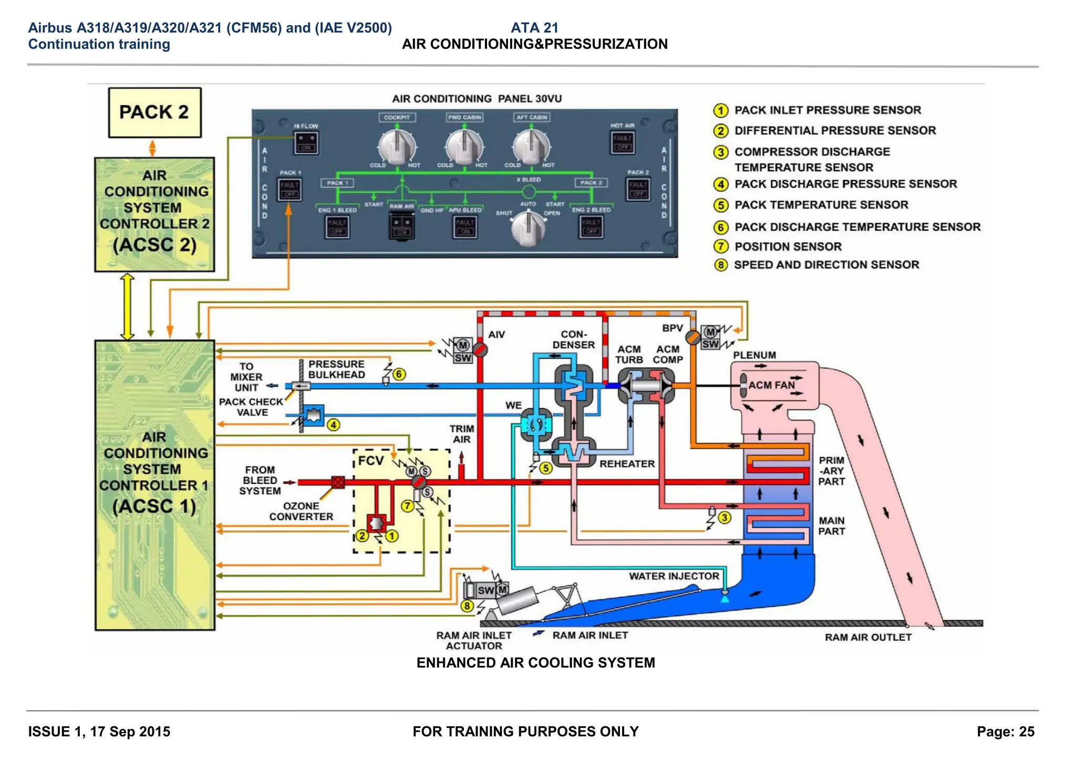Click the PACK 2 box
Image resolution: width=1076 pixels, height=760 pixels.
pyautogui.click(x=154, y=112)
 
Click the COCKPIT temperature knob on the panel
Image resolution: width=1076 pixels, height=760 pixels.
pyautogui.click(x=397, y=146)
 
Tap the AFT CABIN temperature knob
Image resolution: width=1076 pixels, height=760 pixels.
pyautogui.click(x=532, y=146)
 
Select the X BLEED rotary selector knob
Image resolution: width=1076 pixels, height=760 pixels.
pyautogui.click(x=528, y=227)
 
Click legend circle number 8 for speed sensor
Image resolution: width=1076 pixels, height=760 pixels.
pyautogui.click(x=721, y=265)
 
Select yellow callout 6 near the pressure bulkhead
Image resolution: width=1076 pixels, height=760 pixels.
pyautogui.click(x=399, y=374)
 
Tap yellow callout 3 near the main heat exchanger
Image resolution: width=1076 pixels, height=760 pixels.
pyautogui.click(x=725, y=517)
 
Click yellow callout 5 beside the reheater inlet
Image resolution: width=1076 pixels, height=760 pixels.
pyautogui.click(x=546, y=468)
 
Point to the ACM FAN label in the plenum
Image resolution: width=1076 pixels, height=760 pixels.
pyautogui.click(x=771, y=385)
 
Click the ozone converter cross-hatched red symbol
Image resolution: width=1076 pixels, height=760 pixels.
pyautogui.click(x=338, y=482)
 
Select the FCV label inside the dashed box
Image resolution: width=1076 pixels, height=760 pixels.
pyautogui.click(x=371, y=461)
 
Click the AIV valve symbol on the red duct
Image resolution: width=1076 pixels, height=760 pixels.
pyautogui.click(x=480, y=349)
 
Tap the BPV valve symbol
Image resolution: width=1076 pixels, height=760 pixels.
pyautogui.click(x=693, y=337)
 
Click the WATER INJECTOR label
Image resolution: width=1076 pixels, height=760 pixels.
pyautogui.click(x=674, y=576)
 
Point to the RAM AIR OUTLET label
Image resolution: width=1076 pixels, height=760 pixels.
pyautogui.click(x=868, y=637)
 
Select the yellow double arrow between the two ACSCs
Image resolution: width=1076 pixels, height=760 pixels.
pyautogui.click(x=128, y=306)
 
